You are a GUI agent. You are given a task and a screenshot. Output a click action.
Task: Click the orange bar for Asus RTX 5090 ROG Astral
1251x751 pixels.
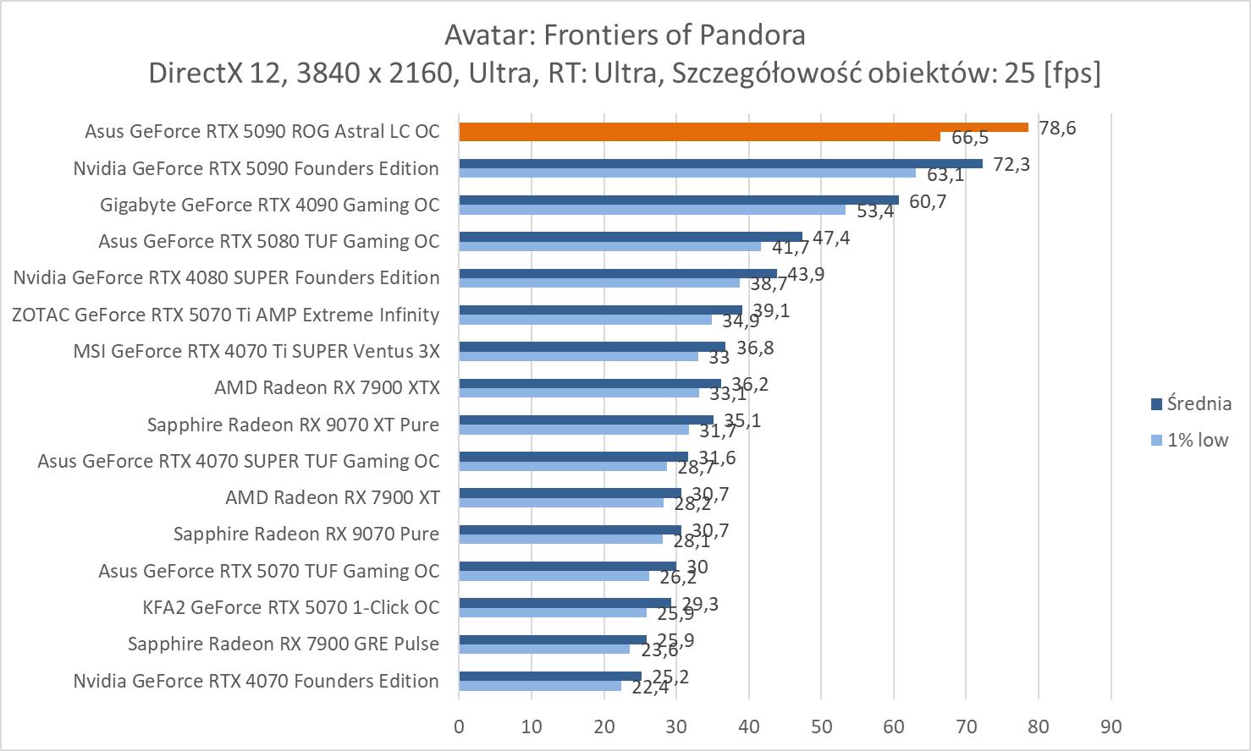pyautogui.click(x=743, y=127)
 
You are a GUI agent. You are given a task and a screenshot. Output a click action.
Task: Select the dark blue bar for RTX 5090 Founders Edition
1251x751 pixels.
pyautogui.click(x=720, y=163)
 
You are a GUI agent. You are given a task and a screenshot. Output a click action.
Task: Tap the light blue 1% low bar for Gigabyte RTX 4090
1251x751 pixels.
pyautogui.click(x=652, y=210)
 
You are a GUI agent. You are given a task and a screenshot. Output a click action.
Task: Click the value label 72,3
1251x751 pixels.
pyautogui.click(x=1011, y=164)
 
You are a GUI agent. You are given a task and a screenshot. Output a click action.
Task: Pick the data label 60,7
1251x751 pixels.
pyautogui.click(x=927, y=201)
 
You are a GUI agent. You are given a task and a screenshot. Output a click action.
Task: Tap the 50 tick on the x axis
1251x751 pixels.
pyautogui.click(x=821, y=726)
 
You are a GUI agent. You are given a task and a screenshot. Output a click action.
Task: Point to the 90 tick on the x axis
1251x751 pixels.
pyautogui.click(x=1110, y=726)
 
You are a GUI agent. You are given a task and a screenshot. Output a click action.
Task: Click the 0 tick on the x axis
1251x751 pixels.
pyautogui.click(x=459, y=726)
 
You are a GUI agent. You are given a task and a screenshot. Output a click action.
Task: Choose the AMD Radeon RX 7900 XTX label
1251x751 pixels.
pyautogui.click(x=327, y=387)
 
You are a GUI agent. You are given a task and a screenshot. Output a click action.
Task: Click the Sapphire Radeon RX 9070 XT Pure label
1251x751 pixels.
pyautogui.click(x=293, y=424)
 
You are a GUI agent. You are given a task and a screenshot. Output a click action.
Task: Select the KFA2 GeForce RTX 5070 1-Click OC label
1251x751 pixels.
pyautogui.click(x=291, y=607)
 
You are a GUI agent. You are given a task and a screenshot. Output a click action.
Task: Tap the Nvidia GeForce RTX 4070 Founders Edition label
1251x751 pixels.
pyautogui.click(x=256, y=681)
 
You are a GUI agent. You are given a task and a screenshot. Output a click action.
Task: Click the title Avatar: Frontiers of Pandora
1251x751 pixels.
pyautogui.click(x=625, y=35)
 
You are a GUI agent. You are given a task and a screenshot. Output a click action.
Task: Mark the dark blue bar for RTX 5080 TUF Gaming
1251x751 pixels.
pyautogui.click(x=631, y=237)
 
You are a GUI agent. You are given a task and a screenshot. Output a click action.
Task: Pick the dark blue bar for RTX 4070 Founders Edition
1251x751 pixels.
pyautogui.click(x=550, y=676)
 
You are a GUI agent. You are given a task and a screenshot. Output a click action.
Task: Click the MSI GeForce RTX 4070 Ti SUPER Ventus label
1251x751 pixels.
pyautogui.click(x=256, y=350)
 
